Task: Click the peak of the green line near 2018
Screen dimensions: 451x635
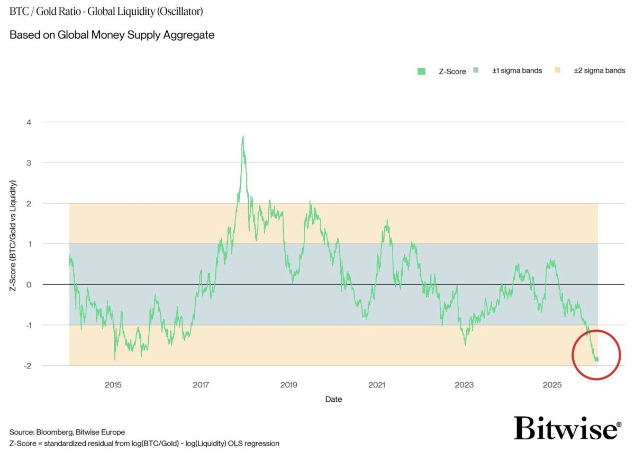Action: click(243, 137)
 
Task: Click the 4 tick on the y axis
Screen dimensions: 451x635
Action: click(30, 122)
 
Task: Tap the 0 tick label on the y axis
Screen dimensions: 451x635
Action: click(30, 285)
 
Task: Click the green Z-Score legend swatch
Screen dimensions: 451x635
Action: click(421, 71)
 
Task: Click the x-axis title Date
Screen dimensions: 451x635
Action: click(333, 400)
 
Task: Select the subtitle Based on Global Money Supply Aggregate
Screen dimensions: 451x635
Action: click(112, 35)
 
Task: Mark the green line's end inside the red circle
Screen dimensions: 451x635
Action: click(598, 359)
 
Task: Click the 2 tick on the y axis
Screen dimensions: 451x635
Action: click(30, 203)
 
